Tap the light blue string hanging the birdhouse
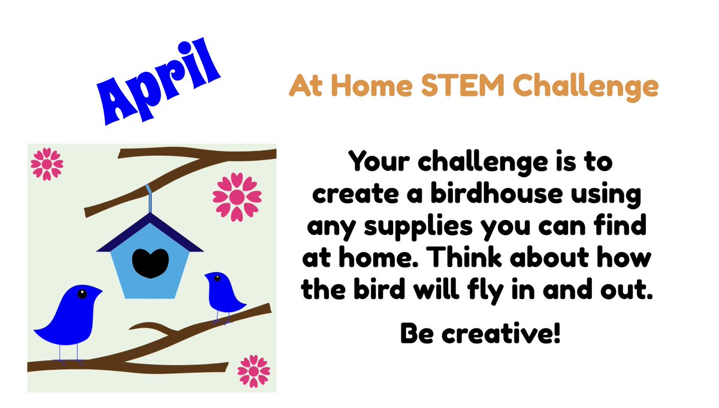[149, 197]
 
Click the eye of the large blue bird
[81, 293]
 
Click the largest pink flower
[232, 196]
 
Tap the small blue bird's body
[226, 297]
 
